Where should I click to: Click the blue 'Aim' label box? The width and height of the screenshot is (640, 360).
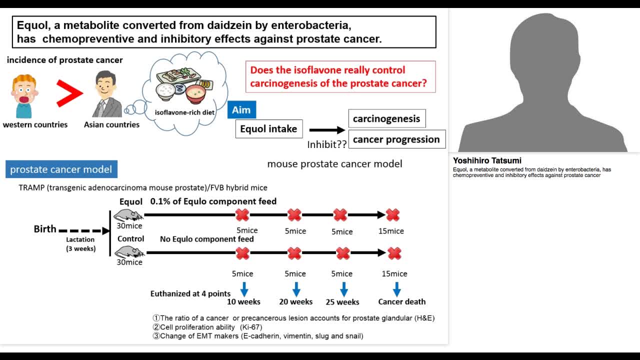click(x=241, y=110)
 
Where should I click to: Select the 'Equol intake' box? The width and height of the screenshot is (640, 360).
click(x=268, y=129)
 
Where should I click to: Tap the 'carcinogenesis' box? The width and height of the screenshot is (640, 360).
click(x=386, y=119)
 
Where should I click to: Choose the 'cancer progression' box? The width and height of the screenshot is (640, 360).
click(x=396, y=139)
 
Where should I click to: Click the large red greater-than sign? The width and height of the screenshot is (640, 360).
click(x=69, y=93)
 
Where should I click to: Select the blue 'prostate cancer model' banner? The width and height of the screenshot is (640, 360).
click(x=61, y=169)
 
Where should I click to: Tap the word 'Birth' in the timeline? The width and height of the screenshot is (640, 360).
click(x=45, y=229)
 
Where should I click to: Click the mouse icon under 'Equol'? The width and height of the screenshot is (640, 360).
click(x=128, y=215)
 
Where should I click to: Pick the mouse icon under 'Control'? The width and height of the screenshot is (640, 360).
click(x=129, y=252)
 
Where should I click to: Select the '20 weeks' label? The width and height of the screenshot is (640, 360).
click(x=295, y=302)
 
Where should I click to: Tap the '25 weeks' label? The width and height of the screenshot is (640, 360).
click(x=342, y=302)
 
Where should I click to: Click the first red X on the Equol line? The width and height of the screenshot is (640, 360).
click(x=242, y=215)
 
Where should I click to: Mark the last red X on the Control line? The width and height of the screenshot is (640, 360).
click(x=394, y=253)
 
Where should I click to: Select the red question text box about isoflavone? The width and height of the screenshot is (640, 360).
click(x=340, y=76)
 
